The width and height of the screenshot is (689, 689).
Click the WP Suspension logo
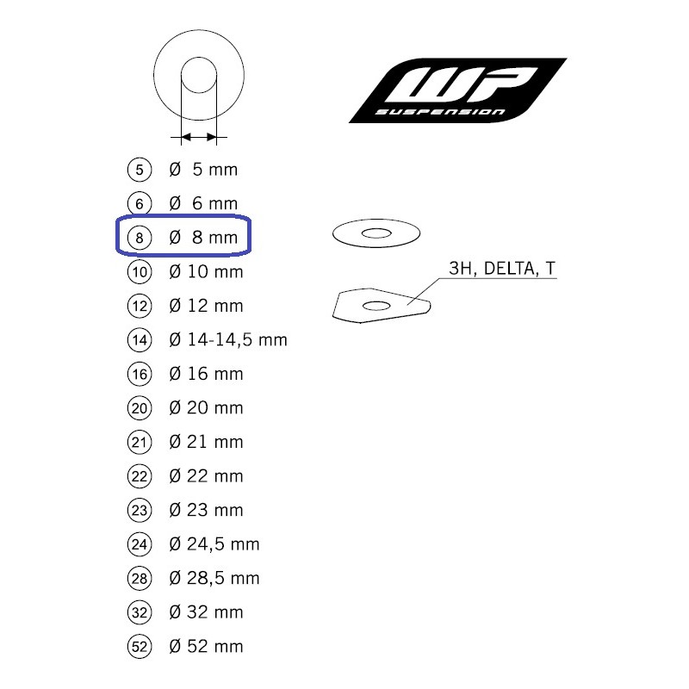tap(457, 90)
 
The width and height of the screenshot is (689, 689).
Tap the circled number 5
tap(140, 170)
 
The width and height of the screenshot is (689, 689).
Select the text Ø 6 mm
tap(203, 203)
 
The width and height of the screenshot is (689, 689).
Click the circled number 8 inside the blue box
tap(140, 238)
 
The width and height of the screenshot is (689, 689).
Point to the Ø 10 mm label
tap(206, 271)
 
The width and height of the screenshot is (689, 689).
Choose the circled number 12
tap(140, 306)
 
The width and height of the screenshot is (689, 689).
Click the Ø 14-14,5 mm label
tap(228, 339)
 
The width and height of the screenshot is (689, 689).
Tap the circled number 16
tap(140, 374)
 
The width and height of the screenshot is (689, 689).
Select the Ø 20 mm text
tap(206, 407)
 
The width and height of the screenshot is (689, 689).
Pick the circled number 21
tap(140, 442)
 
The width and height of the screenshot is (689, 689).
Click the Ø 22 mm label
tap(206, 476)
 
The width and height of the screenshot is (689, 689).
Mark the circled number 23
tap(140, 510)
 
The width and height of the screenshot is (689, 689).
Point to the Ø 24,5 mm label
tap(214, 544)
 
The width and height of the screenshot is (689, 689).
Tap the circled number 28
tap(140, 578)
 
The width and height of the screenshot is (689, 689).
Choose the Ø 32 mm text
tap(206, 612)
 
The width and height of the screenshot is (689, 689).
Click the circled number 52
tap(140, 647)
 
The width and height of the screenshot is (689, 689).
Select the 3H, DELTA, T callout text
tap(502, 269)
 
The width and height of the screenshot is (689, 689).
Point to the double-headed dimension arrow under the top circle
tap(199, 137)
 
